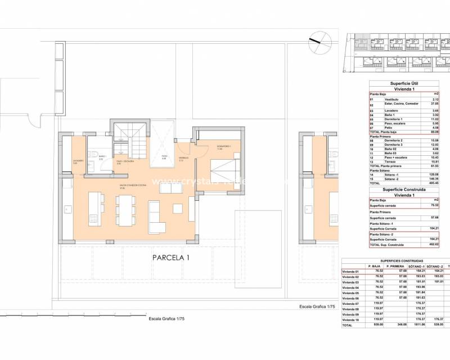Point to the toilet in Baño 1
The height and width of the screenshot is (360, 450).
[97, 155]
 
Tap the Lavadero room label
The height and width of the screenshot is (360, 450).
[78, 161]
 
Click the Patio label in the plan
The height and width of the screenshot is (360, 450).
[164, 157]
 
